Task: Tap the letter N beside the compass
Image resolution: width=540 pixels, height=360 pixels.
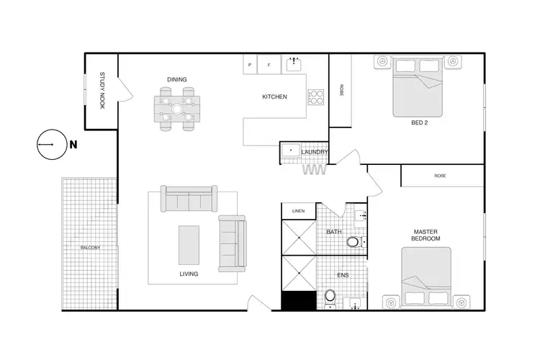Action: point(73,144)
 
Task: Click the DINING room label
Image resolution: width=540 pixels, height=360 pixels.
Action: point(177,80)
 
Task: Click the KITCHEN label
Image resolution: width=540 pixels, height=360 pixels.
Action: point(274,96)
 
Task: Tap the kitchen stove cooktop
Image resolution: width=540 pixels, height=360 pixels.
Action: point(316,96)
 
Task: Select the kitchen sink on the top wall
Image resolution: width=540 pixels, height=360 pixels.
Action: point(293,65)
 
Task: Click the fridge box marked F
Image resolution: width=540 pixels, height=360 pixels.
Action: point(269,65)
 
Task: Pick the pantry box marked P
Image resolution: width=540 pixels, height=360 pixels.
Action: point(250,65)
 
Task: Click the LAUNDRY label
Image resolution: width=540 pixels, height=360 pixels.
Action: point(315,152)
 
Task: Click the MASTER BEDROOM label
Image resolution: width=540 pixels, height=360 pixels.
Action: point(426,235)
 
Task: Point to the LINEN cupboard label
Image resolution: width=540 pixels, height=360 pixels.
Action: point(299,211)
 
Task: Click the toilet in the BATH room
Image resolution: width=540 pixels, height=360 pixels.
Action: point(353,241)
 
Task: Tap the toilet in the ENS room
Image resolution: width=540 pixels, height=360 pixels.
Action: point(330,295)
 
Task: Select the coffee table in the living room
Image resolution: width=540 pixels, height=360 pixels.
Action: point(189,245)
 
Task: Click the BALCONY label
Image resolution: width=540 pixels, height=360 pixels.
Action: point(90,248)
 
